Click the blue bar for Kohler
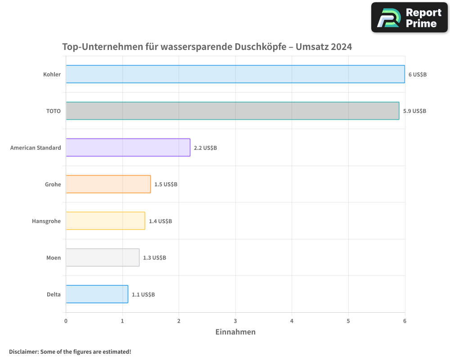(235, 74)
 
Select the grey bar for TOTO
(233, 111)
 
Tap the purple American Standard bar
(128, 147)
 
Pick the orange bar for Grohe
(108, 184)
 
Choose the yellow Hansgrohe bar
(106, 220)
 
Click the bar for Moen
(103, 257)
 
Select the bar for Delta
(97, 294)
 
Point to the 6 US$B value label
(417, 74)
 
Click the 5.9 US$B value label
(414, 111)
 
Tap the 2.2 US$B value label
(205, 148)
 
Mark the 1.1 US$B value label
(143, 294)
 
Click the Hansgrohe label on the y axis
(46, 221)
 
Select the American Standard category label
(36, 148)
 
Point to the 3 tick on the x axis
(235, 321)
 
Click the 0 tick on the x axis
(66, 321)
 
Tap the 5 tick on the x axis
(348, 321)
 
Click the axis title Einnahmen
(235, 332)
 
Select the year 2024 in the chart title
(341, 47)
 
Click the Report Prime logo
(409, 18)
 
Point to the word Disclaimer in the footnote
(23, 351)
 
